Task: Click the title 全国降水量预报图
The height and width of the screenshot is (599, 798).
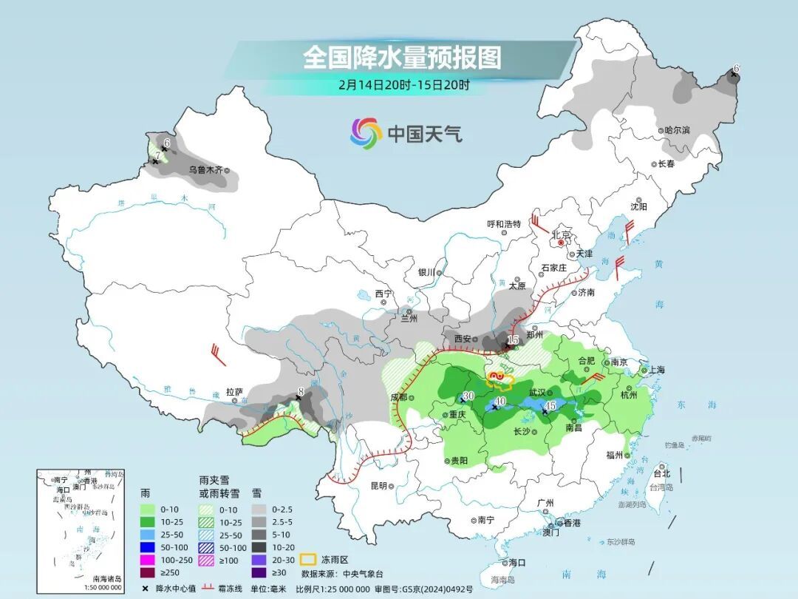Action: click(x=402, y=57)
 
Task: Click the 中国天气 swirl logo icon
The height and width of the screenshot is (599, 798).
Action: click(x=366, y=133)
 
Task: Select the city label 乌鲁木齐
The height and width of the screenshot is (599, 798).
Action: click(x=205, y=169)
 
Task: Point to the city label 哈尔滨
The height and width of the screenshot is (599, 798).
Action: click(x=676, y=130)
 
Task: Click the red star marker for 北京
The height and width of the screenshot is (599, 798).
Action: click(x=562, y=242)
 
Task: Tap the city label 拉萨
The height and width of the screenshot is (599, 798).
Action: click(x=234, y=391)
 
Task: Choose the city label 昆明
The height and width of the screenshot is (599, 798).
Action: click(x=378, y=486)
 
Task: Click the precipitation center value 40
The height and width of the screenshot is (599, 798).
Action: click(x=500, y=402)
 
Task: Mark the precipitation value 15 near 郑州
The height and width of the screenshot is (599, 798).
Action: click(x=514, y=339)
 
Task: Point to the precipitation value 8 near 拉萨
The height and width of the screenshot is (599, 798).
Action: click(x=301, y=392)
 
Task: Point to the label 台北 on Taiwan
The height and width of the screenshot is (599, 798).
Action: click(x=662, y=473)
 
